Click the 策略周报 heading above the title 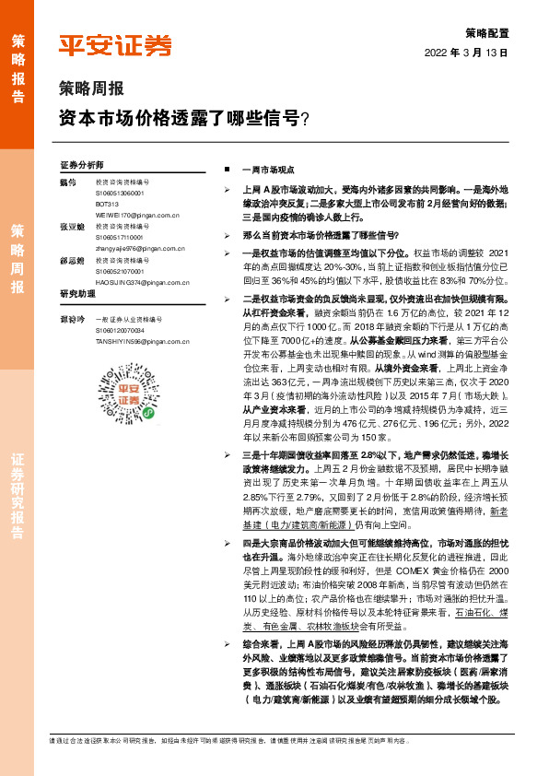pos(90,90)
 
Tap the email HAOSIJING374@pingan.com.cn pos(143,282)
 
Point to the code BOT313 pos(108,203)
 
